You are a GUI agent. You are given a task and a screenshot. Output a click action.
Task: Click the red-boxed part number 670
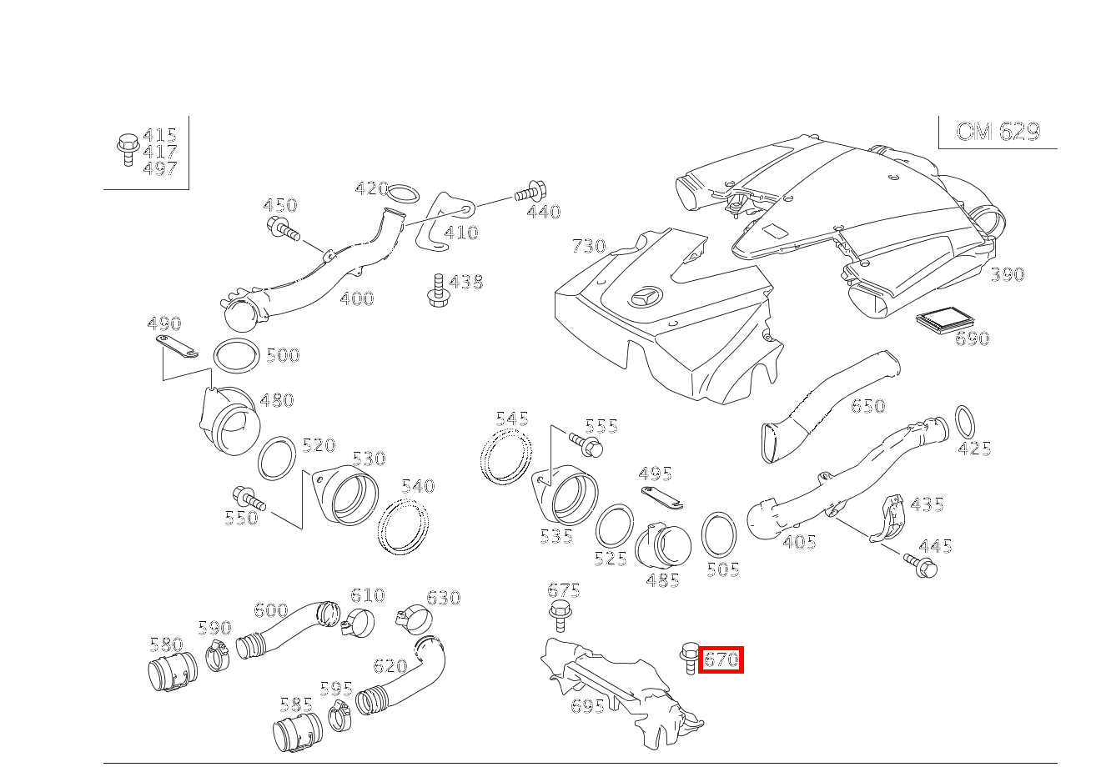(721, 659)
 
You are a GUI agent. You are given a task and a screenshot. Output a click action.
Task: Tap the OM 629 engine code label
(998, 132)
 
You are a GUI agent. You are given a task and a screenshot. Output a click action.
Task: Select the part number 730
(589, 246)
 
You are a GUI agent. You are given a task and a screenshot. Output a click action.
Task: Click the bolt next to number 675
(562, 617)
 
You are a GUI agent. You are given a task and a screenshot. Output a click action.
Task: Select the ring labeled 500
(236, 356)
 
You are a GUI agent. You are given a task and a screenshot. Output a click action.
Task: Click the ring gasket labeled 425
(963, 422)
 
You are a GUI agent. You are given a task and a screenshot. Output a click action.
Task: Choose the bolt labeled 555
(587, 444)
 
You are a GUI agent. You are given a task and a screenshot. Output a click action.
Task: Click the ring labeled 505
(719, 534)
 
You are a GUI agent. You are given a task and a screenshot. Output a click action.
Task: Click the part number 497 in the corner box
(159, 168)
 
